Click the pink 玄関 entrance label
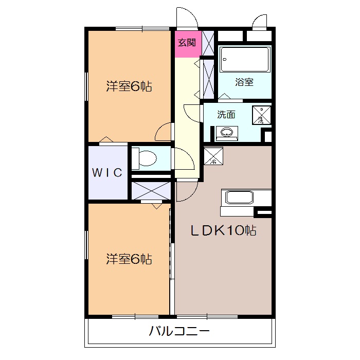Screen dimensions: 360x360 pyautogui.click(x=187, y=43)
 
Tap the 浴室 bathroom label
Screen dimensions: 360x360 pyautogui.click(x=244, y=82)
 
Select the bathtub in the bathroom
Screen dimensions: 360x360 pyautogui.click(x=245, y=60)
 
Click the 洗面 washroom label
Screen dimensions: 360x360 pyautogui.click(x=226, y=115)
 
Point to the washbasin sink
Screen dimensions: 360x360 pyautogui.click(x=226, y=133)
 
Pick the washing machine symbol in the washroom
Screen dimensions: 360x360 pyautogui.click(x=261, y=115)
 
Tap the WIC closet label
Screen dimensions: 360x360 pyautogui.click(x=107, y=173)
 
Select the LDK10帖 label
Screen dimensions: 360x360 pyautogui.click(x=224, y=231)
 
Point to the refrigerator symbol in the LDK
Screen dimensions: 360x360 pyautogui.click(x=213, y=156)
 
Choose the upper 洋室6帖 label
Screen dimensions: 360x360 pyautogui.click(x=129, y=86)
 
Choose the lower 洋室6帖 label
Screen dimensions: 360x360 pyautogui.click(x=129, y=259)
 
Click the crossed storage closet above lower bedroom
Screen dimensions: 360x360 pyautogui.click(x=151, y=190)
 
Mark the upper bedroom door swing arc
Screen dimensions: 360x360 pyautogui.click(x=164, y=132)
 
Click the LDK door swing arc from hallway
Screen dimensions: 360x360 pyautogui.click(x=186, y=189)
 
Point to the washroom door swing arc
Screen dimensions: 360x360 pyautogui.click(x=192, y=112)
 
